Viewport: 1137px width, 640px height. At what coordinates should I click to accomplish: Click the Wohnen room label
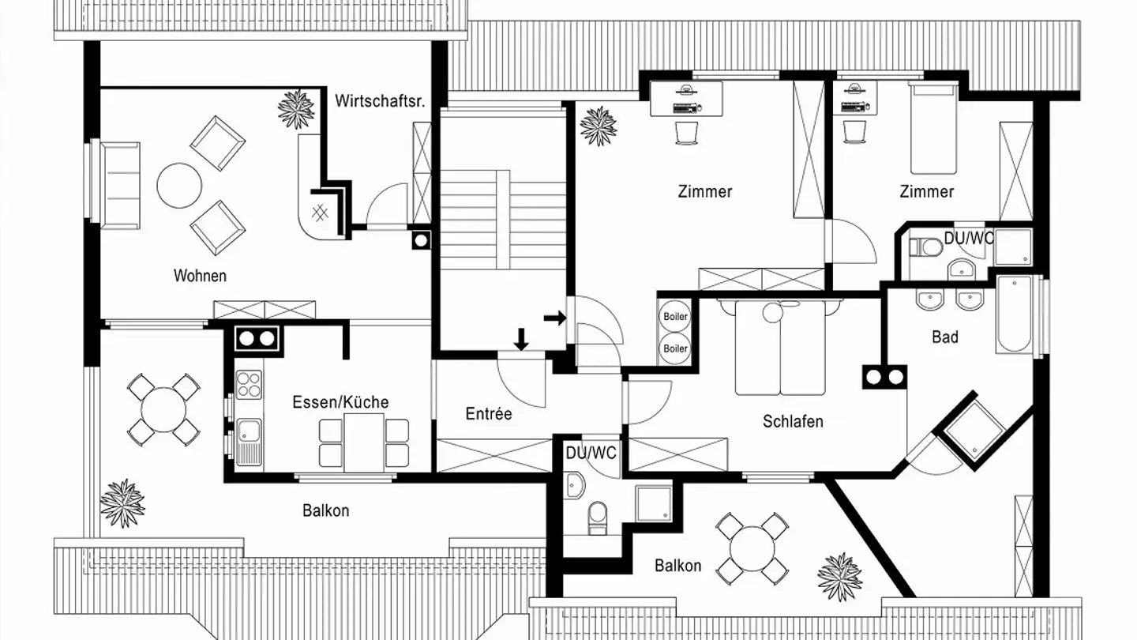(x=200, y=276)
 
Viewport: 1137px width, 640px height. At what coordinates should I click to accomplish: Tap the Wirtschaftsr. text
(x=380, y=101)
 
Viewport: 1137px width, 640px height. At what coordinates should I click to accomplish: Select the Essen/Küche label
(x=340, y=402)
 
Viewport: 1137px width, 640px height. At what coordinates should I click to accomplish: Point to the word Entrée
(x=489, y=414)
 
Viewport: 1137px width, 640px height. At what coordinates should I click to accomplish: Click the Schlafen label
(x=793, y=421)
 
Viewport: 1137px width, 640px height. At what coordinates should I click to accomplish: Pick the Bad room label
(x=945, y=337)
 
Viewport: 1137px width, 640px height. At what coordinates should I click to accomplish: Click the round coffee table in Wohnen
(x=179, y=186)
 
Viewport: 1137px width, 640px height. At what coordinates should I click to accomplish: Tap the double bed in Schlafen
(x=780, y=348)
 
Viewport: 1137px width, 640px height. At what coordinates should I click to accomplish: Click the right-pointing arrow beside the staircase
(x=556, y=318)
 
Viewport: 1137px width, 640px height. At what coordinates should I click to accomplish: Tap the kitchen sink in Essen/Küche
(x=249, y=440)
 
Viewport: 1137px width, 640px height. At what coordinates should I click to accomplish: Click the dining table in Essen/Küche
(x=364, y=439)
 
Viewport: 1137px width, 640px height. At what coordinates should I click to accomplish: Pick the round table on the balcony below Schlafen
(x=752, y=545)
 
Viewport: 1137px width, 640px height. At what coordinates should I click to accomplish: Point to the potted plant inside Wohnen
(x=296, y=109)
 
